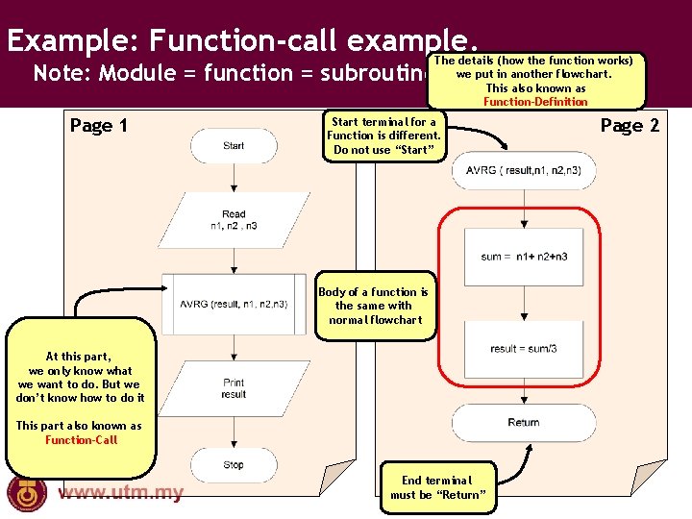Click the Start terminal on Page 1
(234, 146)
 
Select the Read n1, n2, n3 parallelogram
(234, 220)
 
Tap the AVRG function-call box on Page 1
(234, 305)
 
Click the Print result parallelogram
(234, 388)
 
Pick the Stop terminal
(234, 464)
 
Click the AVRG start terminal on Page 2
(523, 171)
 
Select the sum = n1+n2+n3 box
(523, 257)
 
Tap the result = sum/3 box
(523, 349)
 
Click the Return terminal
(523, 422)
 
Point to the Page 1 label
(99, 126)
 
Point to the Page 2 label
(630, 126)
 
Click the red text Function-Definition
(535, 102)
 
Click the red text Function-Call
(81, 440)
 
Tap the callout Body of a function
(373, 306)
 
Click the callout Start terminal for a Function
(383, 136)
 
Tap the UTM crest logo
(27, 493)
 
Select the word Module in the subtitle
(136, 73)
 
